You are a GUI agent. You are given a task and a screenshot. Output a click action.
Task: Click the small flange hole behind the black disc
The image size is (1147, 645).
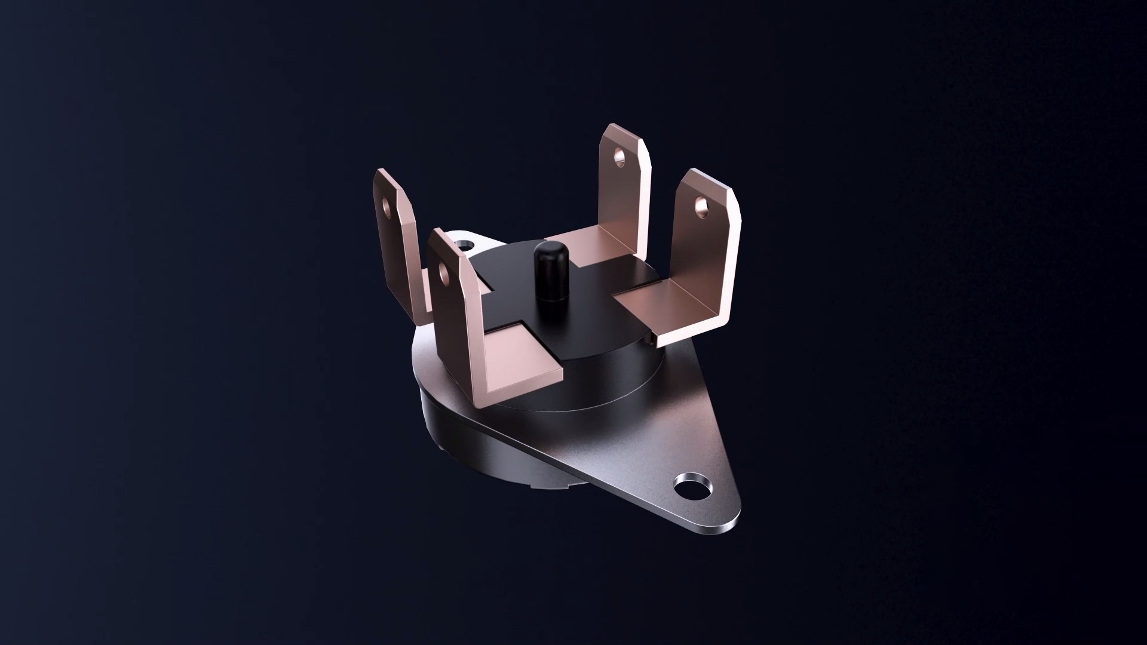(x=465, y=244)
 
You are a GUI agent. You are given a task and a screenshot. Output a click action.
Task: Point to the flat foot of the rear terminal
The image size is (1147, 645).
(x=588, y=245)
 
